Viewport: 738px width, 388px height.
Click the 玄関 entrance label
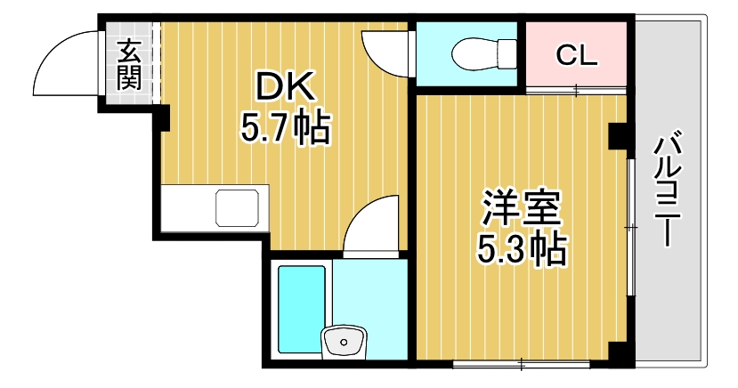click(129, 63)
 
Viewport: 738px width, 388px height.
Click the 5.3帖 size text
click(522, 252)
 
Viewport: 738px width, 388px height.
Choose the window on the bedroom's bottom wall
click(521, 363)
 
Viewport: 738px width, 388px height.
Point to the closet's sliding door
click(577, 89)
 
